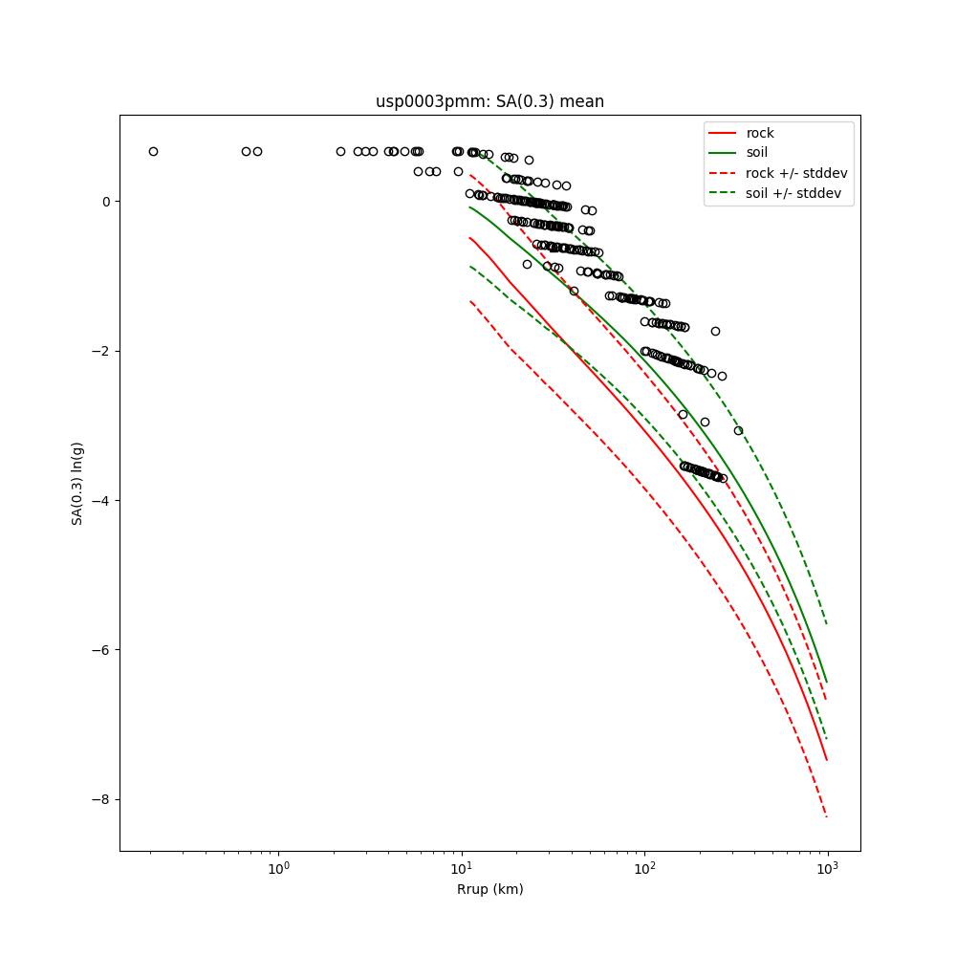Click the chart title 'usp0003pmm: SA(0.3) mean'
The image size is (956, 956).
pyautogui.click(x=489, y=101)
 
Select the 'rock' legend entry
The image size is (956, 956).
pyautogui.click(x=760, y=133)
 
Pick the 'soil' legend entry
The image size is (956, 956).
pyautogui.click(x=756, y=152)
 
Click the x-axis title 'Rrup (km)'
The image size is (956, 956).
pyautogui.click(x=489, y=889)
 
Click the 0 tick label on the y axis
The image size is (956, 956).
pyautogui.click(x=107, y=202)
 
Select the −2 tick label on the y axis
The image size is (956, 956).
pyautogui.click(x=102, y=351)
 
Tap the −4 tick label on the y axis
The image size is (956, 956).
pyautogui.click(x=102, y=501)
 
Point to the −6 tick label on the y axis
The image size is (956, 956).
pyautogui.click(x=102, y=650)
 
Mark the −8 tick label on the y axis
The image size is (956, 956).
pyautogui.click(x=102, y=799)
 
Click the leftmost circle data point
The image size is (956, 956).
pyautogui.click(x=153, y=151)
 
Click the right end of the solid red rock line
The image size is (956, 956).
pyautogui.click(x=827, y=761)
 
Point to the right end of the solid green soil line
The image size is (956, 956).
pyautogui.click(x=827, y=682)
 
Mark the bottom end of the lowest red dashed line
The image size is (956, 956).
pyautogui.click(x=827, y=816)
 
